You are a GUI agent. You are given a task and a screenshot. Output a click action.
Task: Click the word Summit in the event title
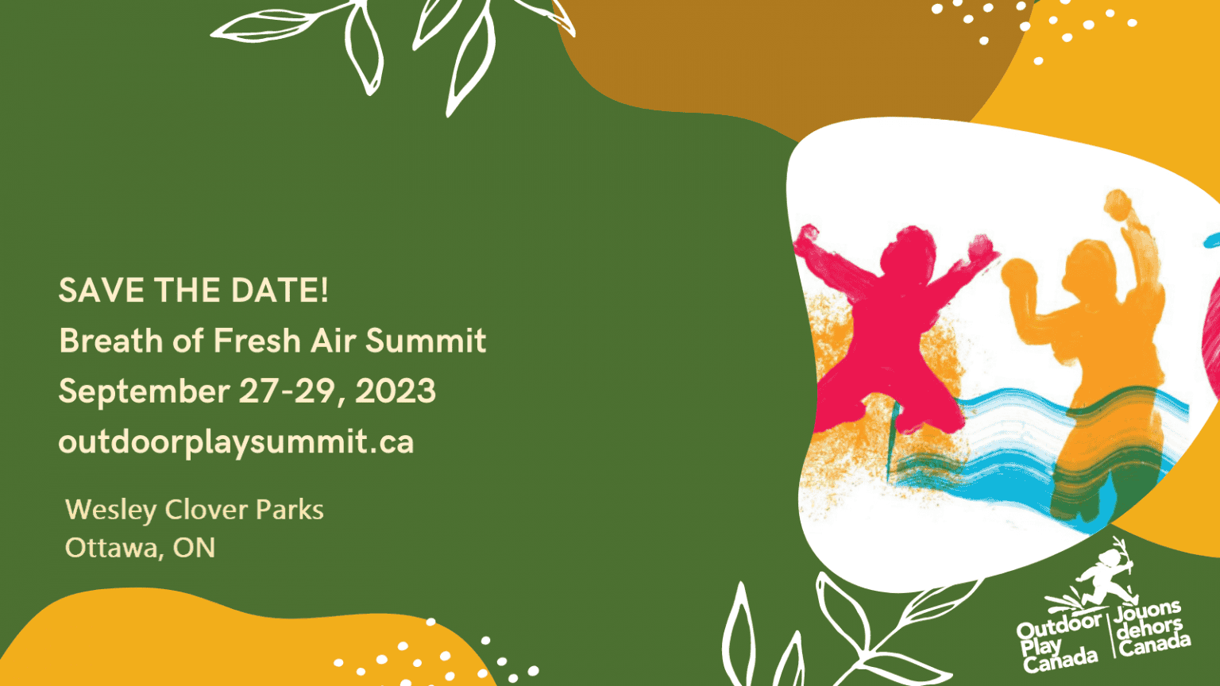click(426, 341)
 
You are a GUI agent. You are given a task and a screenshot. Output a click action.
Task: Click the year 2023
click(396, 391)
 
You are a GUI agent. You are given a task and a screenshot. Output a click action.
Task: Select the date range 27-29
click(287, 391)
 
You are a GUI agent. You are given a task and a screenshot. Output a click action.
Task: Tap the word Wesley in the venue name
click(110, 511)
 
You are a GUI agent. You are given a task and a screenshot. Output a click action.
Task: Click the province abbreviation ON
click(194, 548)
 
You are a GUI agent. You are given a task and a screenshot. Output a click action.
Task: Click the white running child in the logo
click(1103, 577)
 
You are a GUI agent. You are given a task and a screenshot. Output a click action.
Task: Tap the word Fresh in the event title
click(257, 341)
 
